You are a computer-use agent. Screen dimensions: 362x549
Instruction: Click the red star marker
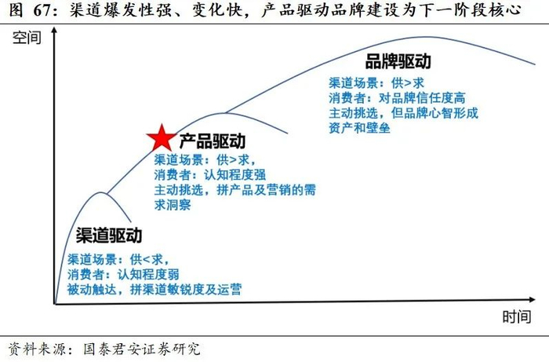pyautogui.click(x=161, y=138)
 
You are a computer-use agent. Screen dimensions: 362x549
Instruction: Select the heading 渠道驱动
pyautogui.click(x=109, y=236)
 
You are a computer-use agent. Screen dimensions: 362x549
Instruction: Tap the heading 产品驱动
pyautogui.click(x=213, y=141)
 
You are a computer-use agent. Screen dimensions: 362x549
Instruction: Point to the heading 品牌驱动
pyautogui.click(x=399, y=62)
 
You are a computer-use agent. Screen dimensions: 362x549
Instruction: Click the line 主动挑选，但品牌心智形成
pyautogui.click(x=403, y=113)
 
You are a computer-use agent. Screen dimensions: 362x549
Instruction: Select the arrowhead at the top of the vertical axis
pyautogui.click(x=53, y=33)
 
